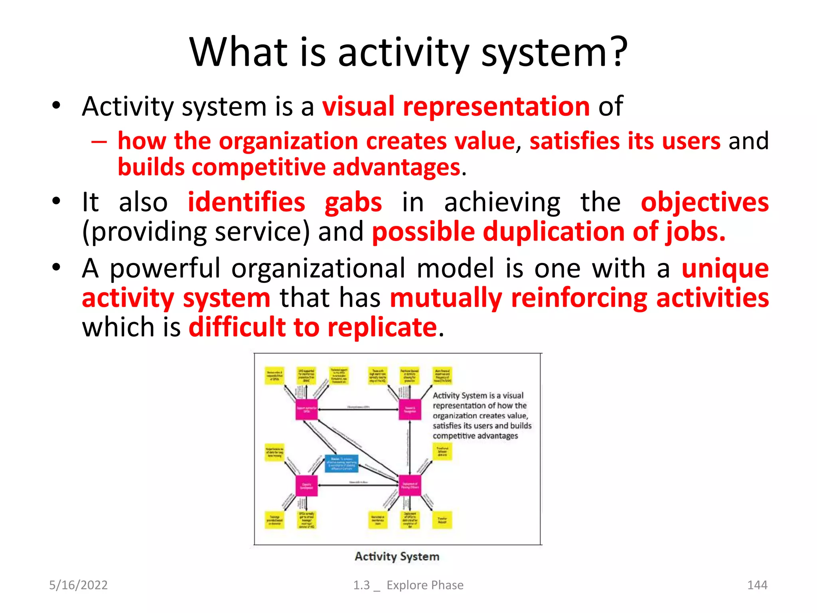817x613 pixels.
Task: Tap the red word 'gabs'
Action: pos(353,202)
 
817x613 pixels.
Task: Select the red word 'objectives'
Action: pos(705,202)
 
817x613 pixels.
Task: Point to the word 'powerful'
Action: pos(165,268)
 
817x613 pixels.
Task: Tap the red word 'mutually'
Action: pos(446,298)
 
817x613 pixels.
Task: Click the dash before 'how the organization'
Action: pos(99,142)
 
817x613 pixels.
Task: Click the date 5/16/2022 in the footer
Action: pos(78,585)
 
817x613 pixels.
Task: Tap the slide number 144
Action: pos(757,585)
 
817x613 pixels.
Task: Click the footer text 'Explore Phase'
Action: pos(425,585)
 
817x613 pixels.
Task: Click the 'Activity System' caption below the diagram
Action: pos(397,556)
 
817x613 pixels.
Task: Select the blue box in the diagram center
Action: pos(341,463)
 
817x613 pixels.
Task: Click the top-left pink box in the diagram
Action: pos(306,409)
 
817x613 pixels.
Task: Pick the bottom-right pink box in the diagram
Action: pos(410,485)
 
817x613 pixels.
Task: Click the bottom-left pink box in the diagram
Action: pos(306,485)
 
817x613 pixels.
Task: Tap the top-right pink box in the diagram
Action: pos(410,409)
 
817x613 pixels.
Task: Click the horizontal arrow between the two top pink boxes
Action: pos(358,409)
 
